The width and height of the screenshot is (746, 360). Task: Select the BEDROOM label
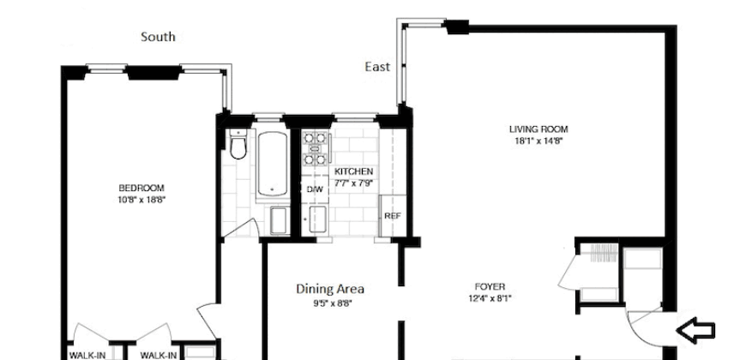click(x=141, y=188)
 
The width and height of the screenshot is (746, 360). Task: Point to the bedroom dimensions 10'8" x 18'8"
click(x=141, y=199)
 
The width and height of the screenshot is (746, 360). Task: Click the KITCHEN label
click(x=353, y=171)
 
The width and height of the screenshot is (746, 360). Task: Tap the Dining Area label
click(x=324, y=289)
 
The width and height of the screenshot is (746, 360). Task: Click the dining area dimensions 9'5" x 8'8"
click(x=324, y=303)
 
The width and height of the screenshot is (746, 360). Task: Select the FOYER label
click(x=490, y=286)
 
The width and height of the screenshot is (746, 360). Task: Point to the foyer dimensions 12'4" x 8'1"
click(x=490, y=298)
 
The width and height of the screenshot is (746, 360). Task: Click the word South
click(x=159, y=36)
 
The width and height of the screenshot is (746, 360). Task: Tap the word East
click(x=377, y=67)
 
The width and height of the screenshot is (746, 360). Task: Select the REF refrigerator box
click(x=392, y=216)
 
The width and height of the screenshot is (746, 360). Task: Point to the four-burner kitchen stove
click(x=315, y=147)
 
